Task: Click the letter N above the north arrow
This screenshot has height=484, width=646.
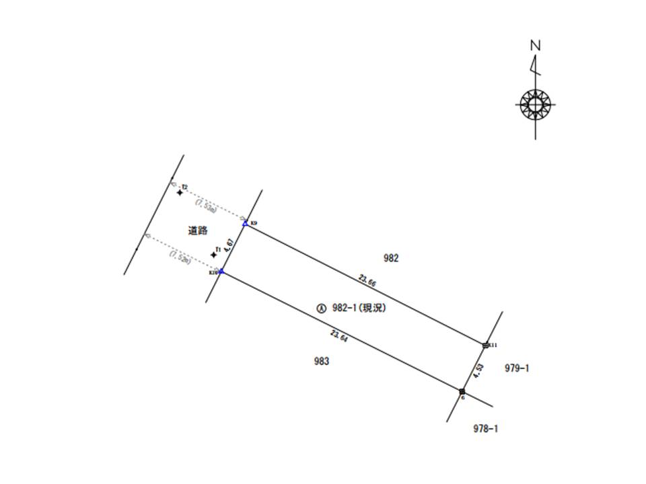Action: coord(536,46)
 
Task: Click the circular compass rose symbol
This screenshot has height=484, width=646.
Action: coord(536,104)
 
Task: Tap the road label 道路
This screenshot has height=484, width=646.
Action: coord(196,231)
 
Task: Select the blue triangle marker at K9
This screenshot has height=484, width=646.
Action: coord(245,223)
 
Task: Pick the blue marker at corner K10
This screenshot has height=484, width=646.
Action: coord(221,271)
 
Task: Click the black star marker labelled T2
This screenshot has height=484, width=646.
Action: coord(180,193)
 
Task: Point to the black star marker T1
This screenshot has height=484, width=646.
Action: coord(213,255)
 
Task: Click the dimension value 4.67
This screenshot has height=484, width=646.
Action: coord(229,245)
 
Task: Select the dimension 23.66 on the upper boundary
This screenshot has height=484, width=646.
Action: coord(367,281)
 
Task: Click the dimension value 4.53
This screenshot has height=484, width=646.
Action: coord(478,371)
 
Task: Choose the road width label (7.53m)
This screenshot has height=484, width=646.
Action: coord(206,206)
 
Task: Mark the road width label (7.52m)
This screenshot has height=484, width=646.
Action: coord(180,257)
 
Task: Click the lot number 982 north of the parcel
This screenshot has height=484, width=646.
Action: coord(391,258)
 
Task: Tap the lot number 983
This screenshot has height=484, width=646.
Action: coord(322,362)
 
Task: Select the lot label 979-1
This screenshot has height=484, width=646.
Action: coord(517,368)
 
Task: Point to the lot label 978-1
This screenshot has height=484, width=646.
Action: coord(485,428)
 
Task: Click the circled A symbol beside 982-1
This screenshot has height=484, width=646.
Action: coord(321,309)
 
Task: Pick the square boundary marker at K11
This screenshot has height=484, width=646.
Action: coord(486,345)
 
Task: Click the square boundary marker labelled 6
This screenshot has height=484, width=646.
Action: coord(462,391)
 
